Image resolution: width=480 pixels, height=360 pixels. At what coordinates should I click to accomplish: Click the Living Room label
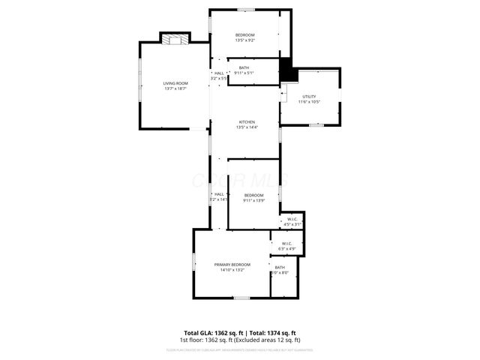coord(175,82)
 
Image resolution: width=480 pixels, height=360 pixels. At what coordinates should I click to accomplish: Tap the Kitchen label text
coord(247,121)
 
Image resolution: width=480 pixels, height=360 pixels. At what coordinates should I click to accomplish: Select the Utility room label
coord(309,97)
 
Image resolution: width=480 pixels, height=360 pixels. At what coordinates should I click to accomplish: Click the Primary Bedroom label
coord(232,265)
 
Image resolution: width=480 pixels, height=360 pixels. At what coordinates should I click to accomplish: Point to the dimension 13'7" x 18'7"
coord(175,88)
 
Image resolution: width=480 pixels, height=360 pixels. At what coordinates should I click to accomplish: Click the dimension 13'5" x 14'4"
coord(247,127)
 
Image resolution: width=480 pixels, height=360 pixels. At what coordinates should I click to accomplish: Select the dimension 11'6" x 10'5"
coord(309,102)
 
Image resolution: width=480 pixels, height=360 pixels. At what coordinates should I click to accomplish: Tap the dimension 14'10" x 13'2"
coord(232,270)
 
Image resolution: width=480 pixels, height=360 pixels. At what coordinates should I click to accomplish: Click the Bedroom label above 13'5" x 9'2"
coord(245,35)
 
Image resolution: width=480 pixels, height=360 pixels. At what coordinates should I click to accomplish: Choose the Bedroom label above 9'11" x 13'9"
coord(253,195)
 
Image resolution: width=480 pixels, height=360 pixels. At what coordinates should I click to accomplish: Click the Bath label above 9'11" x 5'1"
coord(244,68)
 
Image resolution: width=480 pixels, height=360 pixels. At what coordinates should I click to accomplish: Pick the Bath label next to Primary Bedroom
coord(280,268)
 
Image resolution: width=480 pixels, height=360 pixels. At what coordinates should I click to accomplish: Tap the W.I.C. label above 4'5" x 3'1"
coord(292,219)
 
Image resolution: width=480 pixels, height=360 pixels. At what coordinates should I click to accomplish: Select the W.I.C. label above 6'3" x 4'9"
coord(286,243)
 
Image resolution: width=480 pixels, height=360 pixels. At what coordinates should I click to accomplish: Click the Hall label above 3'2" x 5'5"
coord(219,73)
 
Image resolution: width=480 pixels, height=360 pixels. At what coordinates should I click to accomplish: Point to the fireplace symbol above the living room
coord(176,40)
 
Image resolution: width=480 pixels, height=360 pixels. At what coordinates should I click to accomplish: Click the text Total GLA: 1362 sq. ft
coord(212,332)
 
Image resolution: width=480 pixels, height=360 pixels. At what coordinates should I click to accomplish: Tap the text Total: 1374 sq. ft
coord(273,332)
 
